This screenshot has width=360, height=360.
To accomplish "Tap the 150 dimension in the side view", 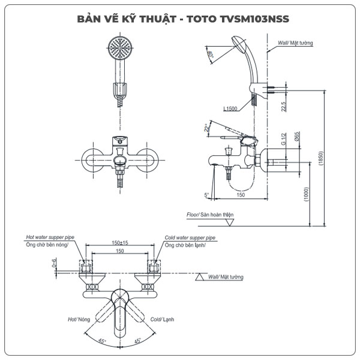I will [x=239, y=194].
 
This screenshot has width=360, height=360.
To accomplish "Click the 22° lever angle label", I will [x=208, y=128].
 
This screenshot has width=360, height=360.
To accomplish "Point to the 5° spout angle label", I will [x=206, y=195].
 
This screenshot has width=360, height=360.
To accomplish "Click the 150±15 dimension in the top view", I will [x=119, y=243].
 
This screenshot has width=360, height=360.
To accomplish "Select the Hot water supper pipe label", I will [x=50, y=238].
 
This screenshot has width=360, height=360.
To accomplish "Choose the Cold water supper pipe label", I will [x=190, y=238].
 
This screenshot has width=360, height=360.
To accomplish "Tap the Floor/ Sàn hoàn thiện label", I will [x=209, y=214].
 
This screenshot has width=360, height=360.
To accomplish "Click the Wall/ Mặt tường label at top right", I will [x=295, y=43].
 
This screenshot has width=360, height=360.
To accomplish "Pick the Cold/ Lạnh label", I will [x=162, y=320].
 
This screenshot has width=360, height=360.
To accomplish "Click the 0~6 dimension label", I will [x=55, y=262].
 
